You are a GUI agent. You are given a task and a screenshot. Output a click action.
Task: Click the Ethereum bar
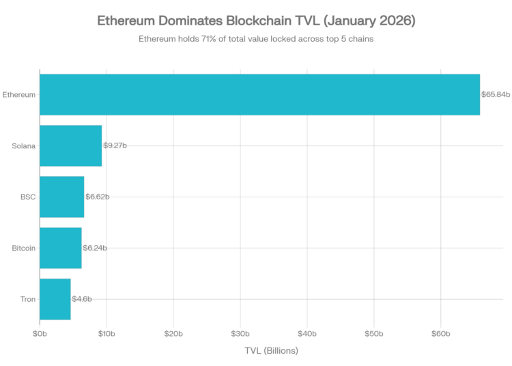point(259,94)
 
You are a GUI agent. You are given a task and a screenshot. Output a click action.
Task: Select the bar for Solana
point(71,145)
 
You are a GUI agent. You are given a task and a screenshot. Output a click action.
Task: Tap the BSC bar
point(62,197)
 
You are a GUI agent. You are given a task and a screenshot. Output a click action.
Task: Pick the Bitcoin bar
point(61,248)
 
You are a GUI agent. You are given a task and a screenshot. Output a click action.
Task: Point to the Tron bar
point(55,299)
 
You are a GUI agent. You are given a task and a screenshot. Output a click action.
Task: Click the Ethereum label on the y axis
point(19,94)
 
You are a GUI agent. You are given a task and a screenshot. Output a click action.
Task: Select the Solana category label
point(24,145)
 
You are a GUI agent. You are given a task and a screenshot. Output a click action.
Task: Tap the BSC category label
point(28,197)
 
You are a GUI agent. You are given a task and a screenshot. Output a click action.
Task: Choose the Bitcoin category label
point(23,248)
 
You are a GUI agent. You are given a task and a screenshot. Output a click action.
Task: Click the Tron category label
point(28,299)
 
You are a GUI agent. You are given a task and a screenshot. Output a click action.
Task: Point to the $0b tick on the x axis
point(40,333)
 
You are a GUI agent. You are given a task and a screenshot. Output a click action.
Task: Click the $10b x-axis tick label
point(106,333)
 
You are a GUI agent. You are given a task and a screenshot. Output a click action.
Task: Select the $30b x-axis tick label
point(240,333)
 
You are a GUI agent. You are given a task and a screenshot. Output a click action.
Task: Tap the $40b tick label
point(307,333)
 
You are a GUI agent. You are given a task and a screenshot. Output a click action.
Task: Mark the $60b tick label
point(440,333)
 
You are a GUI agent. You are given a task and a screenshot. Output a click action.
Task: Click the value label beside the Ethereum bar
point(496,94)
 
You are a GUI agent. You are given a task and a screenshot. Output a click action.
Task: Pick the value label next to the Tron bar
point(82,299)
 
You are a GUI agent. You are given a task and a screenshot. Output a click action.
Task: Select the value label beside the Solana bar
point(115,145)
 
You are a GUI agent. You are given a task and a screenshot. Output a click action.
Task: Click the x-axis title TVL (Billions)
point(271,350)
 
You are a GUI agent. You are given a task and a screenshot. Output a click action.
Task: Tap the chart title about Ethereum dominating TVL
point(256,23)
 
